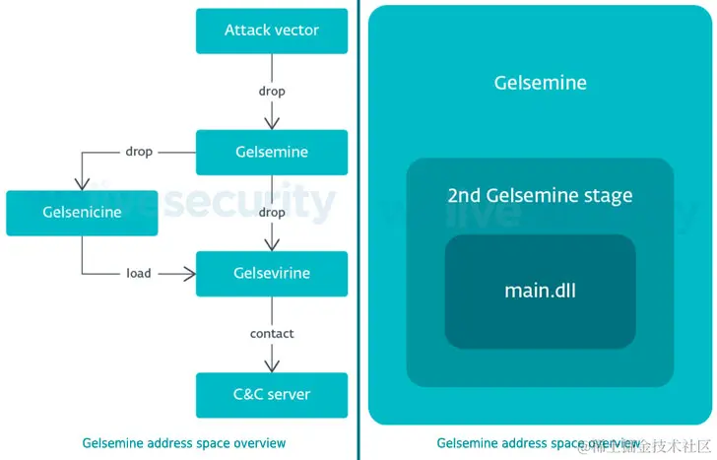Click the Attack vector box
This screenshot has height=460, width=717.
(272, 31)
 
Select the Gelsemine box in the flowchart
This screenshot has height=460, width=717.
(272, 153)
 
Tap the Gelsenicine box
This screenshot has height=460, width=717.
(82, 213)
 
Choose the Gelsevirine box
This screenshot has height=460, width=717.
(272, 273)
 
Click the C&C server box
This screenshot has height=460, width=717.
(272, 394)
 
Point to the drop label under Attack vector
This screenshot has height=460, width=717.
(272, 92)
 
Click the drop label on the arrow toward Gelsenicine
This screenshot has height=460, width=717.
(139, 153)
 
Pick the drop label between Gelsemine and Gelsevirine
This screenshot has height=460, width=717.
(272, 213)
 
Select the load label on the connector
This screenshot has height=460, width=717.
(139, 273)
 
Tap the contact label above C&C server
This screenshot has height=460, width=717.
(272, 334)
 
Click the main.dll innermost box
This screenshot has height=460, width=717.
(540, 291)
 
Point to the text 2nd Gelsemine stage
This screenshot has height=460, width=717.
(540, 195)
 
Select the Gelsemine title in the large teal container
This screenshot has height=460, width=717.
(540, 83)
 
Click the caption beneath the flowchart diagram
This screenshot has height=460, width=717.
(184, 443)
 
